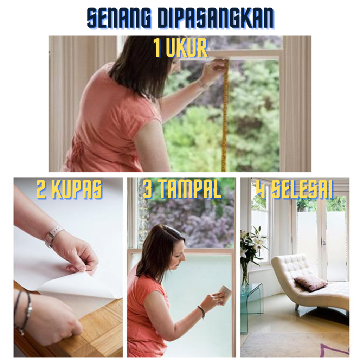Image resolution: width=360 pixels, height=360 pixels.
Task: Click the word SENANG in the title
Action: [x=119, y=18]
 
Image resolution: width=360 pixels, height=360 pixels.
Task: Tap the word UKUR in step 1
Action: [x=187, y=48]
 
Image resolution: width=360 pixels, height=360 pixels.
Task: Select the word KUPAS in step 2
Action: [x=78, y=189]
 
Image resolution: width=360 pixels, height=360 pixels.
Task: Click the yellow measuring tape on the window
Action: [x=224, y=115]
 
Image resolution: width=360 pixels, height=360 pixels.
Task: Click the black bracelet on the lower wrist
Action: [x=23, y=312]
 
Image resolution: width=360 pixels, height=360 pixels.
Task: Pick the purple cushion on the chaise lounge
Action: [x=311, y=283]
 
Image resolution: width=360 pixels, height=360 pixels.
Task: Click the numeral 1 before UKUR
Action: [x=157, y=48]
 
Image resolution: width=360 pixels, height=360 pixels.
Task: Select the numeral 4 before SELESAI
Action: [x=262, y=189]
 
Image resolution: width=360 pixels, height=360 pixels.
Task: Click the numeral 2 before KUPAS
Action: [x=41, y=189]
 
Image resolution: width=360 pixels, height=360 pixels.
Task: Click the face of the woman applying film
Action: [x=179, y=254]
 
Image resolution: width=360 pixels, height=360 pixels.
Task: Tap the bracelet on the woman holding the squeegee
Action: [x=201, y=311]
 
